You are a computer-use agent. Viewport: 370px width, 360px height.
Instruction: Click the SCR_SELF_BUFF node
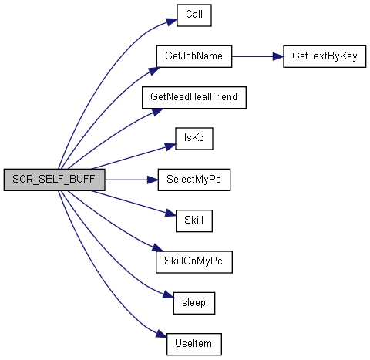54,180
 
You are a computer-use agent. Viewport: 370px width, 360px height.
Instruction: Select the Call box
194,15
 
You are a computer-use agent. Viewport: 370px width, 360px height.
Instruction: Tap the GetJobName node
194,56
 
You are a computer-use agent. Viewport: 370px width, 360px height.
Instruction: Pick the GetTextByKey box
325,56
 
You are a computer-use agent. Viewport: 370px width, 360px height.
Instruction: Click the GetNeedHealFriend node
194,97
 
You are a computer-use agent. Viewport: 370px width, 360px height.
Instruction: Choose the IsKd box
194,139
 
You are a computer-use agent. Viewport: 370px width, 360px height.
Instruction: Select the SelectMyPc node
194,180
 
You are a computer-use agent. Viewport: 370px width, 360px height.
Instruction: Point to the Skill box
194,220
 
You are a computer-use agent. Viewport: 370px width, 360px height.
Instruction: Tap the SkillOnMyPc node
194,262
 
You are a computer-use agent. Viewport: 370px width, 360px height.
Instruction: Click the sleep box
194,303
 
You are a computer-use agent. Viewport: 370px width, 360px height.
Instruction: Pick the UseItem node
194,344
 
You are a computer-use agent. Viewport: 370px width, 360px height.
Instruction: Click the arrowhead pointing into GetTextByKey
278,56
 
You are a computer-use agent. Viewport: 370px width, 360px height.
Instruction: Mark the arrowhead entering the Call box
172,22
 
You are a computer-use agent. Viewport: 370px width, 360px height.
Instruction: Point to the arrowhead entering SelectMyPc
153,180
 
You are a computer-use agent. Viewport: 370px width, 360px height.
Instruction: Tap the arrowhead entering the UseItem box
161,334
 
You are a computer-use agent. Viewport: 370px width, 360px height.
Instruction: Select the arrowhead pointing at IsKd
170,147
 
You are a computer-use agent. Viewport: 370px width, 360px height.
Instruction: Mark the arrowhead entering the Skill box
170,213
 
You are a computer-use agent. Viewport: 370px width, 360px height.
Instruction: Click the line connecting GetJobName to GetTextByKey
257,56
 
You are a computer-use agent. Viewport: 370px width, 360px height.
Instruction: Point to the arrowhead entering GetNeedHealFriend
157,112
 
